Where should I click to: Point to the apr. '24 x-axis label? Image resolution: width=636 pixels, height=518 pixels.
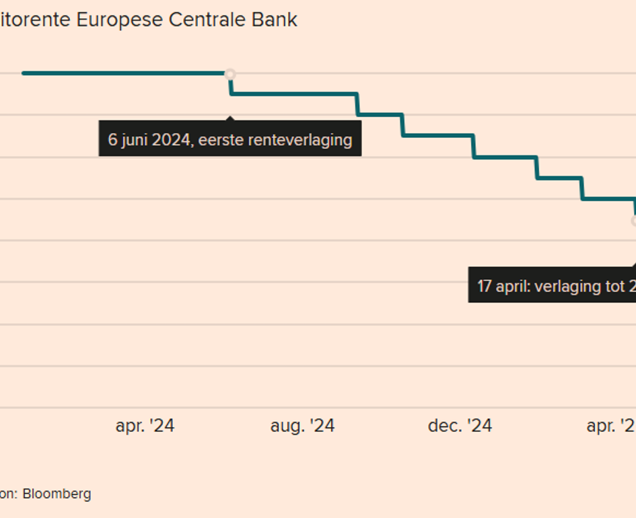pos(145,426)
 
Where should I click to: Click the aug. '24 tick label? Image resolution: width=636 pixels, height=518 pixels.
pos(302,426)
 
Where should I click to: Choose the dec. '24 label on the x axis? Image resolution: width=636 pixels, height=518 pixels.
pos(460,426)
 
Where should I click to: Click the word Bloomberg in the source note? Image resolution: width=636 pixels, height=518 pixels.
pos(57,494)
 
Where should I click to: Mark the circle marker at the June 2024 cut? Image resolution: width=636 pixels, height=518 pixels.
pos(230,73)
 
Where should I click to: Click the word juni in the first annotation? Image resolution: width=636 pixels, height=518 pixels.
pos(134,140)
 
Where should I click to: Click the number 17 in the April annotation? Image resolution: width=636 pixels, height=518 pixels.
pos(485,286)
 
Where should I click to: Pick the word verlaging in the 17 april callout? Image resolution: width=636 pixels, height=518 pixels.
pos(565,286)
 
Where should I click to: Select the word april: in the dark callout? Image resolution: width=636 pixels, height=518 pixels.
pos(513,286)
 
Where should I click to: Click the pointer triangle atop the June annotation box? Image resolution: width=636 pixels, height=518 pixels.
pos(230,118)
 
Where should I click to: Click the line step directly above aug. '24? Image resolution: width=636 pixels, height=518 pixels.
pos(302,94)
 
